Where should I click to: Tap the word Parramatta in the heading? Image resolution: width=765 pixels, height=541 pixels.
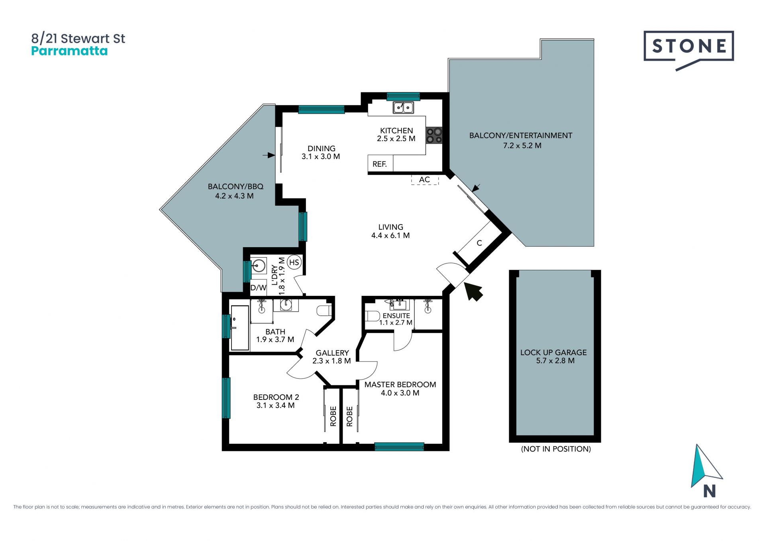69,51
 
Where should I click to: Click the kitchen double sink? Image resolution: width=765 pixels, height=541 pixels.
403,107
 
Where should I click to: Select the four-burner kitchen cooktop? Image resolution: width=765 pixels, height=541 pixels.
434,135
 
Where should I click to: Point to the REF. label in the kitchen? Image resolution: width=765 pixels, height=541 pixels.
380,164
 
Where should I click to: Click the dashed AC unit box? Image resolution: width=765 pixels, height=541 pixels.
425,180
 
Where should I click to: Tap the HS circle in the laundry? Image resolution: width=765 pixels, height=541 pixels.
294,262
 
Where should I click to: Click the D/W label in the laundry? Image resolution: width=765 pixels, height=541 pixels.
258,288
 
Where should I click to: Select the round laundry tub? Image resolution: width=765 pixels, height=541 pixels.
259,265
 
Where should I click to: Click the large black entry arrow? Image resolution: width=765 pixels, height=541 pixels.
474,291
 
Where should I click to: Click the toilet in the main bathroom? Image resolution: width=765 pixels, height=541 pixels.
324,311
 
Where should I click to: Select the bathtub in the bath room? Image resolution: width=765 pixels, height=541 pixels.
240,328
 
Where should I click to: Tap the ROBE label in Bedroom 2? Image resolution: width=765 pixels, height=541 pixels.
333,416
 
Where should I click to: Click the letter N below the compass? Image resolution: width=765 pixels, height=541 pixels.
709,491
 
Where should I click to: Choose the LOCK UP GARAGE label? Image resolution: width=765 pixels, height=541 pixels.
553,352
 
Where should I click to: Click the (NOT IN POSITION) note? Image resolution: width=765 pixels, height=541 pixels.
556,449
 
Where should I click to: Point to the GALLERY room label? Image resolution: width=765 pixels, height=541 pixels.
332,353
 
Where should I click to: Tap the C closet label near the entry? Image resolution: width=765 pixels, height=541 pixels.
479,243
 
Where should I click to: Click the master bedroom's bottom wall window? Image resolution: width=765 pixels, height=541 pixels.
399,447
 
